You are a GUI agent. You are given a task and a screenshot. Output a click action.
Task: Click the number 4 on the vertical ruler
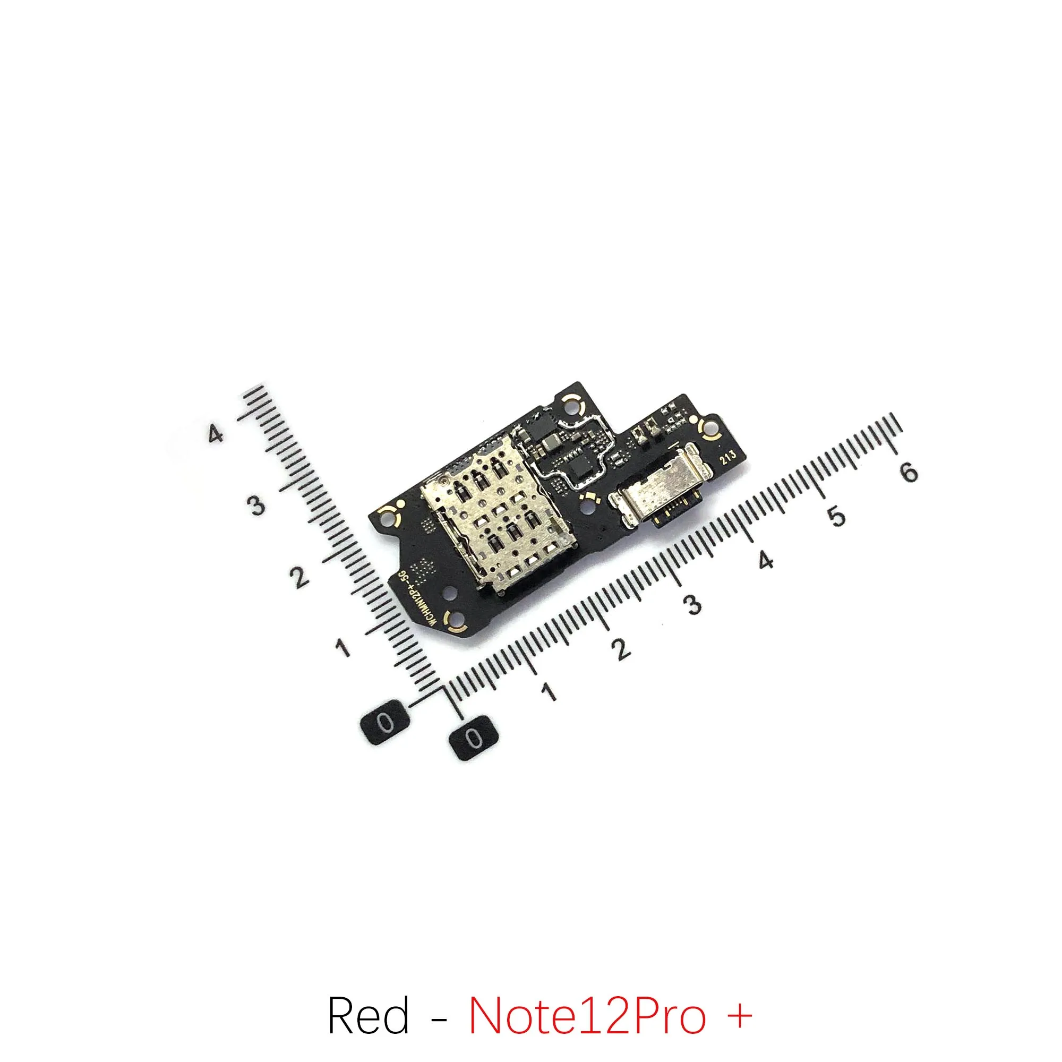(216, 434)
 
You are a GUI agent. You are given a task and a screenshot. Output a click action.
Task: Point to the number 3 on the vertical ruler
(256, 504)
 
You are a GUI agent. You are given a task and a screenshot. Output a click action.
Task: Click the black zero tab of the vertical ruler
(386, 723)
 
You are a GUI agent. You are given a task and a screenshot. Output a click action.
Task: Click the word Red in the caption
(369, 969)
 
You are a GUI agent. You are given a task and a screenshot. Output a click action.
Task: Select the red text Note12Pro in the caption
(587, 969)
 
